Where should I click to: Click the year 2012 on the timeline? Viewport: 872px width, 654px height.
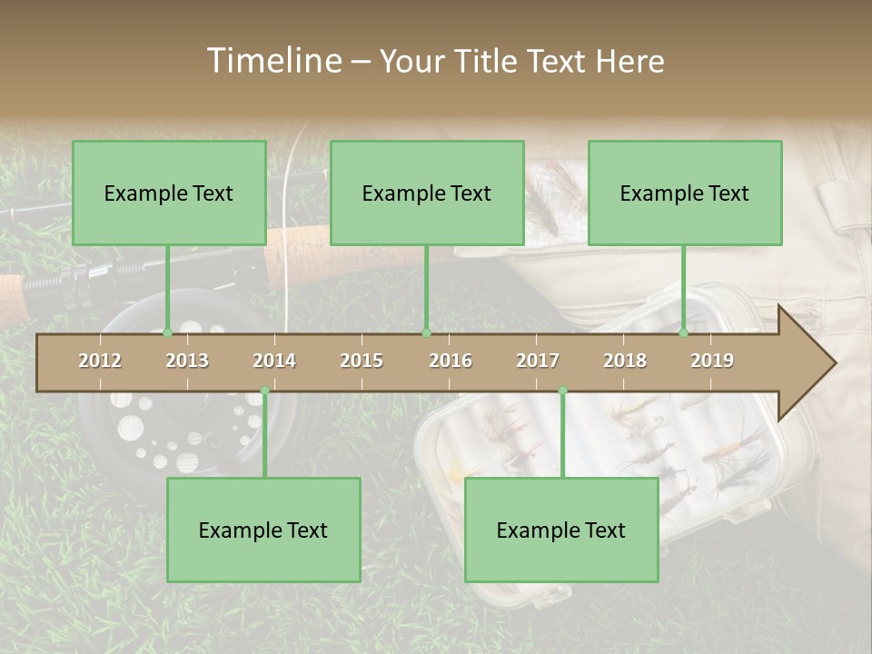click(x=100, y=361)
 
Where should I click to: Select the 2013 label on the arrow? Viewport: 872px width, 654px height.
click(x=187, y=361)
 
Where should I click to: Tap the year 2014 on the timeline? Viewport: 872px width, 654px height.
click(x=274, y=361)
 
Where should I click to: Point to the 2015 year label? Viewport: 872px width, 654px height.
click(x=362, y=361)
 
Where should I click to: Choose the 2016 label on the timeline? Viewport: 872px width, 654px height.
click(x=451, y=361)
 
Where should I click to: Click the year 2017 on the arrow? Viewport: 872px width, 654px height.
click(x=538, y=361)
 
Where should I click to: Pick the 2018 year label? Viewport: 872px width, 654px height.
click(x=625, y=361)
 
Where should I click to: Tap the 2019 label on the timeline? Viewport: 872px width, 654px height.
click(x=712, y=361)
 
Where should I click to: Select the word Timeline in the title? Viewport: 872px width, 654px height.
click(x=272, y=61)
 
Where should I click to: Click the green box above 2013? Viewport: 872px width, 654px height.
click(x=169, y=193)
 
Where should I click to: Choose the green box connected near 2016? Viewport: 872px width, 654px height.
click(x=427, y=193)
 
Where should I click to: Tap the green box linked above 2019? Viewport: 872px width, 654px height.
click(x=685, y=193)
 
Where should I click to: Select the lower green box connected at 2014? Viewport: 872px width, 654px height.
click(x=263, y=530)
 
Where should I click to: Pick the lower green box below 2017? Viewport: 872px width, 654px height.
click(x=561, y=530)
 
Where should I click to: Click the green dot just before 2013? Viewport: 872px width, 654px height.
click(x=167, y=332)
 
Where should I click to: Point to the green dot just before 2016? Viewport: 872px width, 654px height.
click(x=426, y=332)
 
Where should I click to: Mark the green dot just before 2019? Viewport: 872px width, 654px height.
click(x=683, y=332)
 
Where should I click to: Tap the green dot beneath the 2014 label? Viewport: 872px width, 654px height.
click(x=264, y=391)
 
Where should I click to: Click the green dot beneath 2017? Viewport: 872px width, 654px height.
click(x=562, y=391)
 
